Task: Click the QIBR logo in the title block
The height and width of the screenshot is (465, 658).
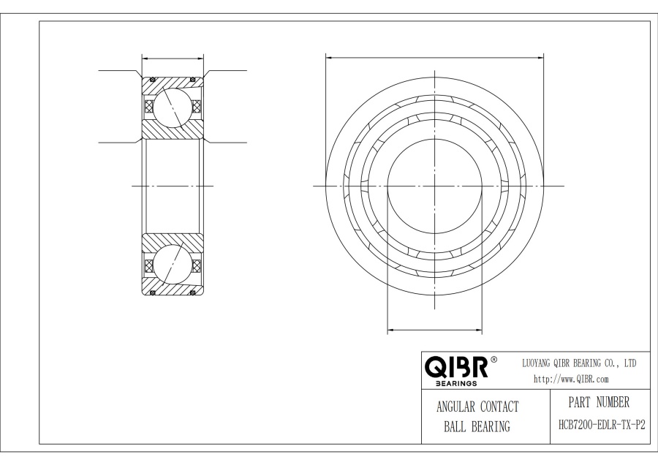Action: click(x=456, y=367)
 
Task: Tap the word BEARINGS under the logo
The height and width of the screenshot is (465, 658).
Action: click(x=456, y=383)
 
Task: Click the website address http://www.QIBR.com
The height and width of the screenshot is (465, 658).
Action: click(x=571, y=379)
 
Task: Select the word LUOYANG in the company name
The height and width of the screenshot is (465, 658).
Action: click(x=537, y=363)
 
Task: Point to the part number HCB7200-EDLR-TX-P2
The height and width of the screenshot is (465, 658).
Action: click(x=602, y=425)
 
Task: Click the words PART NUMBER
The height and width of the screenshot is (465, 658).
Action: click(x=599, y=402)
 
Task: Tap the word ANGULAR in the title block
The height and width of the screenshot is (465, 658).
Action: click(x=455, y=407)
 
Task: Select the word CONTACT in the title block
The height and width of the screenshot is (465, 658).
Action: click(x=499, y=407)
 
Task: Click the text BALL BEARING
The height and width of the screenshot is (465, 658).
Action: click(x=477, y=427)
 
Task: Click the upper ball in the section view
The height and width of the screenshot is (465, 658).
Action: click(x=171, y=107)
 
